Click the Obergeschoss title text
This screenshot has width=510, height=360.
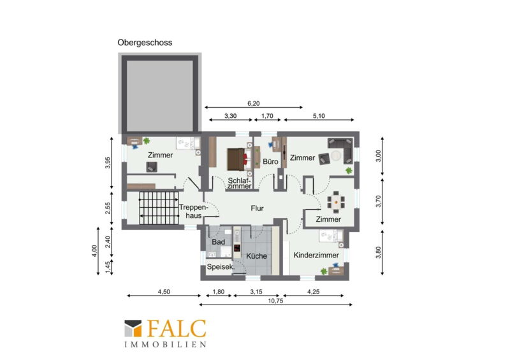145,43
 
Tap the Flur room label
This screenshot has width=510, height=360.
257,208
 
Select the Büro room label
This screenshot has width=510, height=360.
270,162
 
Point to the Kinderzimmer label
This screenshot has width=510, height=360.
316,256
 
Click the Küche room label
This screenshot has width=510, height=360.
256,256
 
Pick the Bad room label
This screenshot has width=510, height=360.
218,242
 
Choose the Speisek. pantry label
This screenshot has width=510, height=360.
221,267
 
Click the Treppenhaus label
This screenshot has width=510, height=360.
193,212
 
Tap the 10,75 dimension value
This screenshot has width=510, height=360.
275,301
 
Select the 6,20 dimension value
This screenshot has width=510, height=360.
253,103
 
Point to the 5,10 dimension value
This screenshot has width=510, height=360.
319,116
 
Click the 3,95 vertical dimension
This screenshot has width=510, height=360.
108,163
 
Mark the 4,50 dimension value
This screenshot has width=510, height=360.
164,292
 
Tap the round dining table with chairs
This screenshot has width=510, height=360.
336,202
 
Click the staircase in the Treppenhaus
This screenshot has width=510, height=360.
159,208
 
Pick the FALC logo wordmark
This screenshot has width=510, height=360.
177,328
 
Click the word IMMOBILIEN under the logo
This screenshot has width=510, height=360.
166,345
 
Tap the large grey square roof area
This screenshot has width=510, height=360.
160,93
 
